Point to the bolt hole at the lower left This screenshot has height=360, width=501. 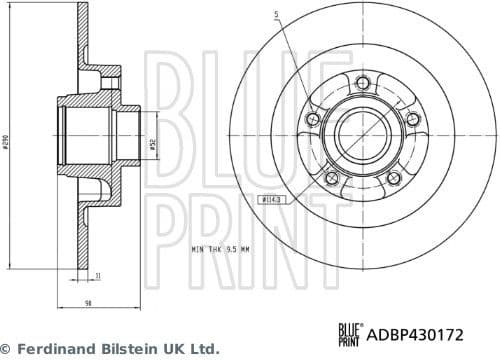coord(333,179)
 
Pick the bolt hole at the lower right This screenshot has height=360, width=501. coord(393,179)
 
